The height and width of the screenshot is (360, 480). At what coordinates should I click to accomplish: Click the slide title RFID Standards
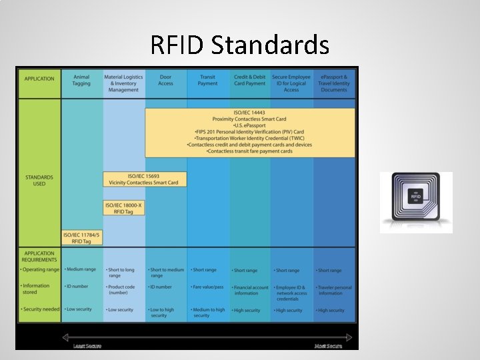click(x=240, y=45)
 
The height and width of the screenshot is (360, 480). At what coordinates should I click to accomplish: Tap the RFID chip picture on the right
click(x=416, y=203)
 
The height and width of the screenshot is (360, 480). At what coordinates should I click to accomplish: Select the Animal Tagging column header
click(x=82, y=81)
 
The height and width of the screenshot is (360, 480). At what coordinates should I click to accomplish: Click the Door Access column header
click(x=165, y=81)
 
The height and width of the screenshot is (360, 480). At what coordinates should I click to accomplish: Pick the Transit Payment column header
click(x=208, y=81)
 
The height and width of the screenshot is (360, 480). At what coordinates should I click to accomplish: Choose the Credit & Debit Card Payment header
click(x=250, y=81)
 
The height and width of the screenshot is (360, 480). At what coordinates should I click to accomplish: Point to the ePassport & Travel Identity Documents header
click(x=334, y=83)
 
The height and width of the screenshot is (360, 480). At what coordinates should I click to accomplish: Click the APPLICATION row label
click(x=39, y=79)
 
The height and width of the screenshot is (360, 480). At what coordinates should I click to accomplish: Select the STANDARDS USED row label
click(x=39, y=180)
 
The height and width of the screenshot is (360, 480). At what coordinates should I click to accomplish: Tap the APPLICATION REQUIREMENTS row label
click(x=39, y=256)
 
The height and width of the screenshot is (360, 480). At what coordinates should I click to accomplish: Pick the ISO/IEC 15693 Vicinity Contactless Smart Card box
click(x=145, y=179)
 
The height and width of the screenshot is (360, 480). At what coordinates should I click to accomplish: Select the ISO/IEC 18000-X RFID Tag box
click(x=124, y=207)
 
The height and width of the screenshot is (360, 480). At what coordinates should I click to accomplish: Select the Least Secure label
click(x=87, y=345)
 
